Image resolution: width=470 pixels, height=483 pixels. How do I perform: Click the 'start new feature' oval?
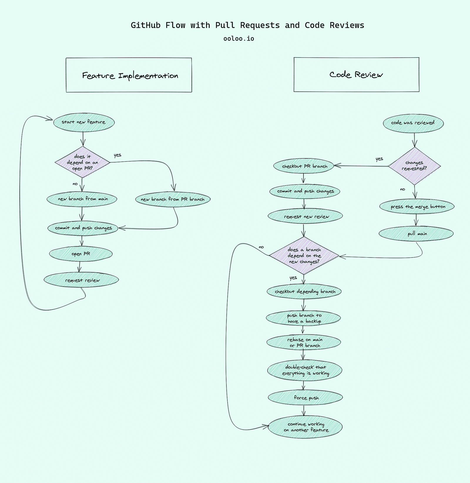(x=84, y=122)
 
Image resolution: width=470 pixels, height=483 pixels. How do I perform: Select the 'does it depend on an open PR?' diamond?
(x=83, y=162)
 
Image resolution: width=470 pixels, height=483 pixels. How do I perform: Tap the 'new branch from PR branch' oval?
(x=173, y=199)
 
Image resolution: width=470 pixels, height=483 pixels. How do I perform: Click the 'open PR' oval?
(x=81, y=254)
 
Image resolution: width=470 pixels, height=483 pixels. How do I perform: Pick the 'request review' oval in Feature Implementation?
(x=81, y=280)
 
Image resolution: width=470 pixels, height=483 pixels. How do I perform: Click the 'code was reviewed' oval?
(x=413, y=123)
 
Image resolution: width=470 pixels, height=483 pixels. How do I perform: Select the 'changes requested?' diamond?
(x=414, y=166)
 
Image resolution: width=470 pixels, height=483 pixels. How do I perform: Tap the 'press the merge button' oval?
(x=417, y=207)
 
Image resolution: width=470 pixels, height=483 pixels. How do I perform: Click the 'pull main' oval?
(x=416, y=234)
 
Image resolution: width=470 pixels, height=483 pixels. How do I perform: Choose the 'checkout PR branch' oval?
(x=304, y=166)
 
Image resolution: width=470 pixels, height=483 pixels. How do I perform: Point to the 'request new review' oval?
(x=305, y=216)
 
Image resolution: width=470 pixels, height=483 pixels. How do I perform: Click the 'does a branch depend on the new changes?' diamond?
(x=304, y=255)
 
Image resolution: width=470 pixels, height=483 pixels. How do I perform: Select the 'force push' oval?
(x=305, y=398)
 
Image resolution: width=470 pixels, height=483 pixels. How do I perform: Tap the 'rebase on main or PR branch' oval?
(x=304, y=342)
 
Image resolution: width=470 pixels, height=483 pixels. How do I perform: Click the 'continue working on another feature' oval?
(x=305, y=427)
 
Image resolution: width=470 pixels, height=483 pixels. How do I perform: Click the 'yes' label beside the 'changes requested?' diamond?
(x=379, y=159)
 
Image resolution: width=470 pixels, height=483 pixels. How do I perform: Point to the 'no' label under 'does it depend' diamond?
(x=75, y=184)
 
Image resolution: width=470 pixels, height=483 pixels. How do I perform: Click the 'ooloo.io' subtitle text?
(x=239, y=39)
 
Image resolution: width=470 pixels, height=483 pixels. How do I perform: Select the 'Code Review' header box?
(x=356, y=75)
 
